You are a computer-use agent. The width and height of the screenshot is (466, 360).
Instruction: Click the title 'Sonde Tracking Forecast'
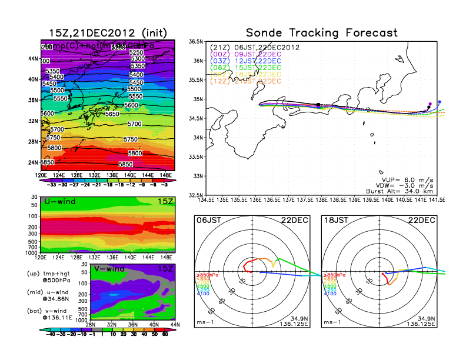pyautogui.click(x=321, y=32)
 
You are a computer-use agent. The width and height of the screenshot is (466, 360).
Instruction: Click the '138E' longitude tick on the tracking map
pyautogui.click(x=321, y=200)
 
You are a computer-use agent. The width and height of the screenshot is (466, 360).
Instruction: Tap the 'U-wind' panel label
pyautogui.click(x=59, y=202)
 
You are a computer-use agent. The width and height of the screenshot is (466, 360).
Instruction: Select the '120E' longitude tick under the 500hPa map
pyautogui.click(x=41, y=175)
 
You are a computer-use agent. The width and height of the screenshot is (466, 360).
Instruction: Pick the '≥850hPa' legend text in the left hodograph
pyautogui.click(x=207, y=275)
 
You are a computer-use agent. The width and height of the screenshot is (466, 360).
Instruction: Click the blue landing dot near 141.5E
pyautogui.click(x=439, y=101)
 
